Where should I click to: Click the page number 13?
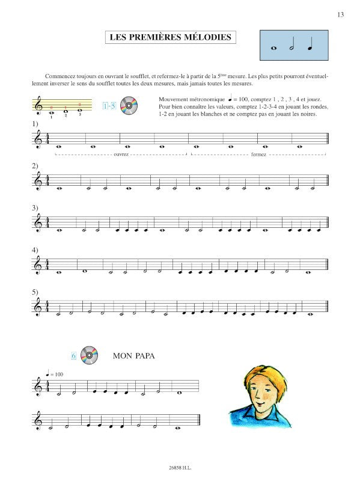pyautogui.click(x=340, y=14)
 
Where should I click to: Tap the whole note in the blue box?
pyautogui.click(x=275, y=47)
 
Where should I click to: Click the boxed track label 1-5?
pyautogui.click(x=109, y=107)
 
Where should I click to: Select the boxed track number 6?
pyautogui.click(x=73, y=356)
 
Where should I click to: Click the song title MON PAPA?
pyautogui.click(x=134, y=356)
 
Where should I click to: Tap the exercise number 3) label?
pyautogui.click(x=35, y=208)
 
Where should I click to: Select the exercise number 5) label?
pyautogui.click(x=35, y=292)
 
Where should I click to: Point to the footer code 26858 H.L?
pyautogui.click(x=180, y=465)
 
